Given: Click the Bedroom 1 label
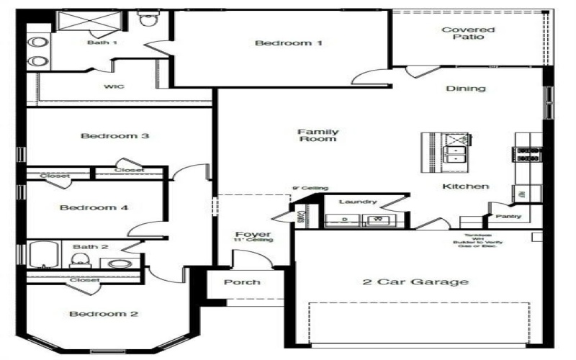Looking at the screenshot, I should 289,43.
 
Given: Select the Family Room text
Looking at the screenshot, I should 318,135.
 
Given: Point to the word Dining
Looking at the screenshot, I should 466,89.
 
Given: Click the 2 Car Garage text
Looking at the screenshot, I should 415,282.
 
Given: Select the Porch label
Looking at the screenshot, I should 242,282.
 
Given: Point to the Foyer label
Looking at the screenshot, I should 253,235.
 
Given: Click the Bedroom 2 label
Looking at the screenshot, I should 104,314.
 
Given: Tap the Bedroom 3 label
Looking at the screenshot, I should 114,136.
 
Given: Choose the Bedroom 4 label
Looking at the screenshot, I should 94,208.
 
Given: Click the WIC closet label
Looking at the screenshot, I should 114,87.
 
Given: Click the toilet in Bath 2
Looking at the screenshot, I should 82,261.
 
